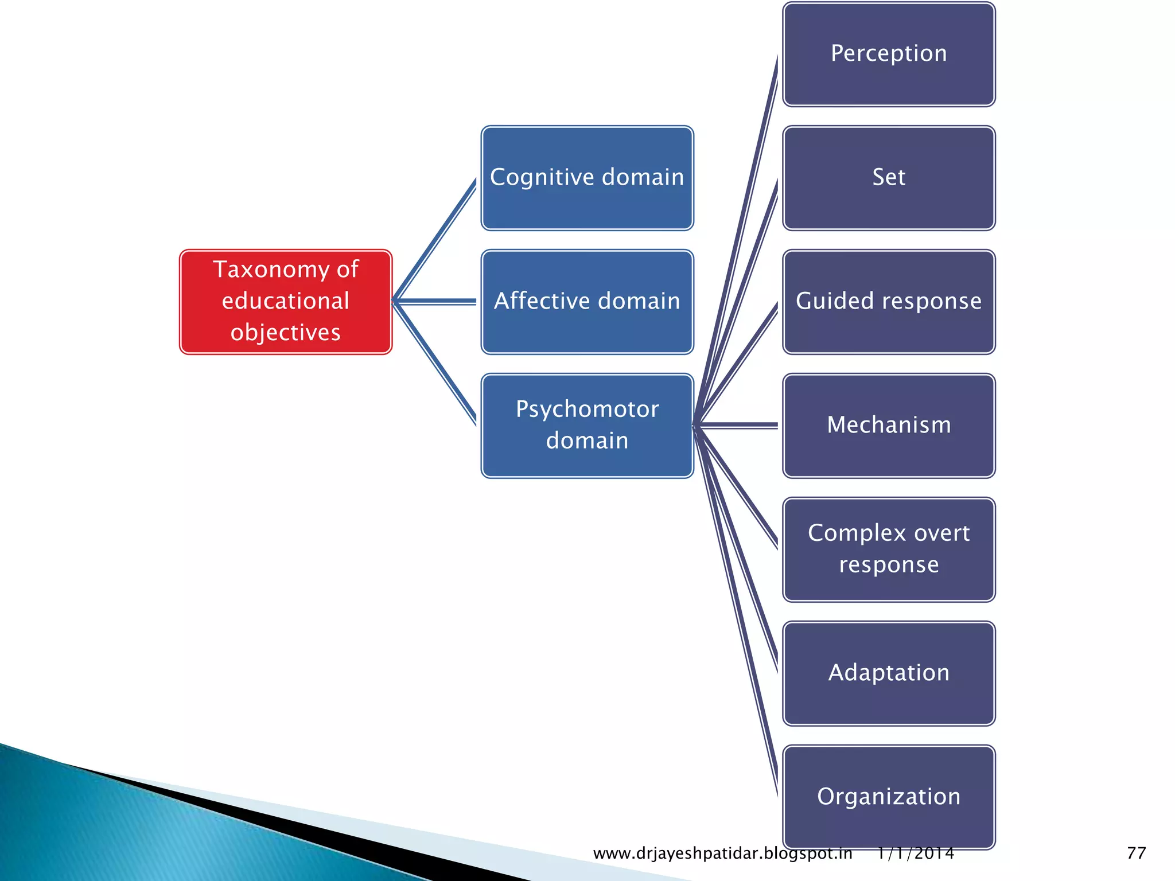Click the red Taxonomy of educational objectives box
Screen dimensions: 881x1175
285,302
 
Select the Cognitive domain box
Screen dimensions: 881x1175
587,178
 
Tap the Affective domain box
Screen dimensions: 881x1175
587,302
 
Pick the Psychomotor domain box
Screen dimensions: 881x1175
587,426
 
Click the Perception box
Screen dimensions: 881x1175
889,54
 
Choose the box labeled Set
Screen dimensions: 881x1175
889,178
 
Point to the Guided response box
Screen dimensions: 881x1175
889,302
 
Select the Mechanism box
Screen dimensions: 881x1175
889,426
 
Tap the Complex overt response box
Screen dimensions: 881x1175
889,549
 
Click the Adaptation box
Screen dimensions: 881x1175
889,673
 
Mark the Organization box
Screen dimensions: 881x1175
889,797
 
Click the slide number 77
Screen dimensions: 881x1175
1136,853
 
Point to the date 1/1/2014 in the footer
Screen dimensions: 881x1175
916,853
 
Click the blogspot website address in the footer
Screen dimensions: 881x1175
722,853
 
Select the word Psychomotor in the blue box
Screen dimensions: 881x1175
587,410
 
